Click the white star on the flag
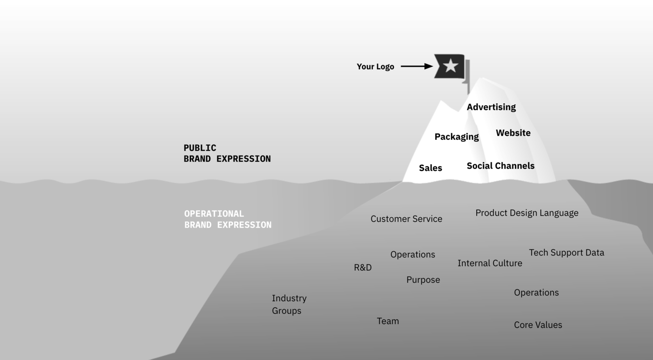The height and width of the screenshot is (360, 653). coord(451,66)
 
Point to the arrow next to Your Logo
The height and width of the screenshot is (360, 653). coord(416,66)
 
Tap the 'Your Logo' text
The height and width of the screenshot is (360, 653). coord(375,67)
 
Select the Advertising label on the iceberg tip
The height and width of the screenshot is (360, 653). coord(491,107)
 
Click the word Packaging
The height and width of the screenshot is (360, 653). coord(456,137)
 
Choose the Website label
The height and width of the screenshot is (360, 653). coord(513,133)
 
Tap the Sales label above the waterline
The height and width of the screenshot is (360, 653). coord(430,168)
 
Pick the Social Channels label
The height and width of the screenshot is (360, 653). coord(500,166)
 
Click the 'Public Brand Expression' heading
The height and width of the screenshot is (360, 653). coord(227,153)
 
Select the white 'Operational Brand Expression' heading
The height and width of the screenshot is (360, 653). coord(227,219)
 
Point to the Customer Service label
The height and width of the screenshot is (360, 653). coord(406,219)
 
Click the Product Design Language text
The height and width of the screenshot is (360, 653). coord(527,213)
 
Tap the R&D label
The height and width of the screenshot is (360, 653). coord(363,268)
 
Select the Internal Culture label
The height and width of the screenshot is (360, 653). coord(490,263)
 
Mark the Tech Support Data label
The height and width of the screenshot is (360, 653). coord(566,252)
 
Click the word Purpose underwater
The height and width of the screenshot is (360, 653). coord(423,280)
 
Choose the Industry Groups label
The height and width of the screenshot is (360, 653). coord(289,304)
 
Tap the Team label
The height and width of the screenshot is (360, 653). coord(387,321)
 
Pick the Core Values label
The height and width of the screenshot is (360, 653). coord(538,325)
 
